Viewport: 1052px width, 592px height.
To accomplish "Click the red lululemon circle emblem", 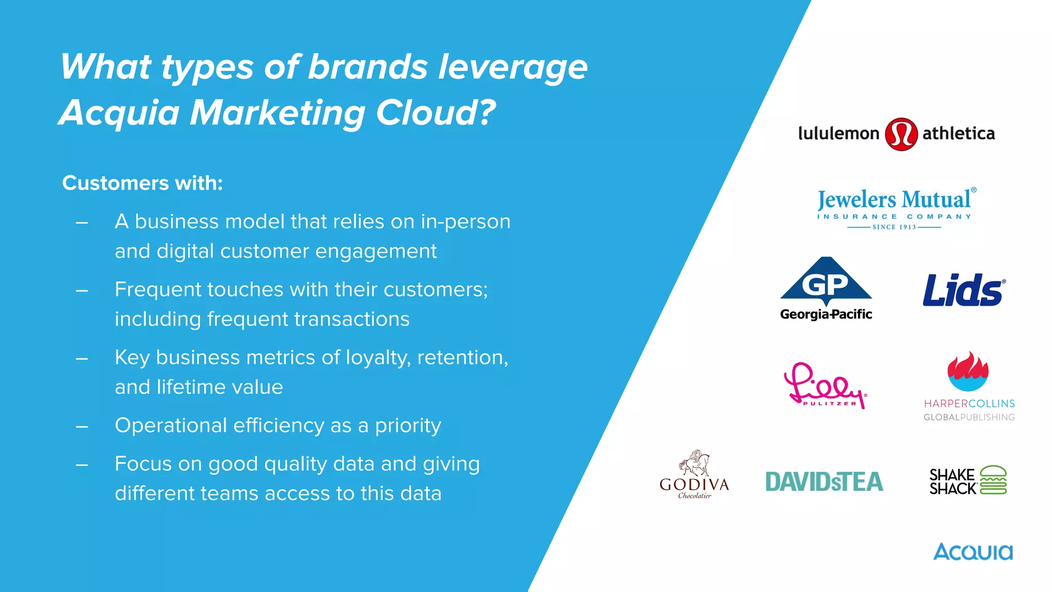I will point(901,134).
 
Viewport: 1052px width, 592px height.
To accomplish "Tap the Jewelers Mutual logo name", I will point(894,199).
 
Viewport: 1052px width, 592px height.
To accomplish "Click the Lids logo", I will point(964,290).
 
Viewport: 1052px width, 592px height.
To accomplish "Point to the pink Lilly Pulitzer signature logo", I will point(824,386).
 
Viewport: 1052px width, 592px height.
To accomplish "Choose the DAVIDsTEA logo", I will point(824,482).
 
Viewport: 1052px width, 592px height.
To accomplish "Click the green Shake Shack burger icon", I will point(993,480).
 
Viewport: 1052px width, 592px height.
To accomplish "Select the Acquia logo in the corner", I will point(973,552).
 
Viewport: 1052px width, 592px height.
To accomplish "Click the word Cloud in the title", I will point(436,113).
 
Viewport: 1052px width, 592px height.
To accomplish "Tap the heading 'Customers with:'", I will point(142,183).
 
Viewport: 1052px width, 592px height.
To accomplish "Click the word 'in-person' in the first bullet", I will point(465,221).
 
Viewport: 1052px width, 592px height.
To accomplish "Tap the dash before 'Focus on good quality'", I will point(82,465).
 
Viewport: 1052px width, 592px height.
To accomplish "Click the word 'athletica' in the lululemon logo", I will point(959,134).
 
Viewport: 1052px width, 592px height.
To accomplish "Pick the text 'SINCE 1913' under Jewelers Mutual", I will point(894,227).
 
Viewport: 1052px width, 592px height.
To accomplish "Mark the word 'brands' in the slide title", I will point(368,67).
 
